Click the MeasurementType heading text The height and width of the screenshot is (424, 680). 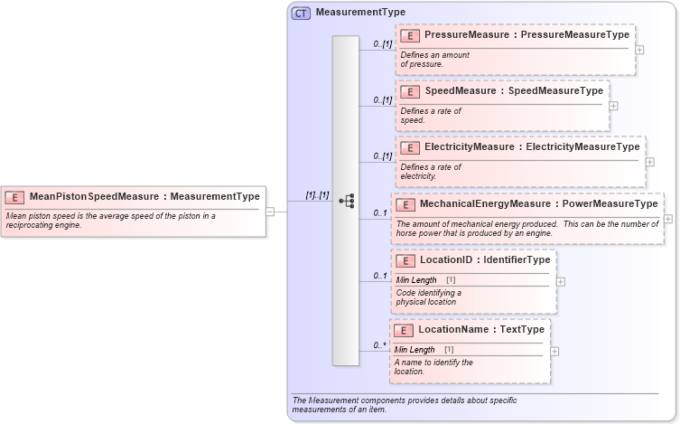(x=360, y=13)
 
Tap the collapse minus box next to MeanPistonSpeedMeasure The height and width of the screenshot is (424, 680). (x=270, y=212)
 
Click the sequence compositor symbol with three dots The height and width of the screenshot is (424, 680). (x=346, y=201)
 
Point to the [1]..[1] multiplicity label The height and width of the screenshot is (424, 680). (x=317, y=195)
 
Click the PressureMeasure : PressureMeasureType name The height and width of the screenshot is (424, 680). (x=526, y=35)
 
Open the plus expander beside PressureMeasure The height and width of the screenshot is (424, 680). (x=639, y=49)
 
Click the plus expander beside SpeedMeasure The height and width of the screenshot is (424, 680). (x=614, y=105)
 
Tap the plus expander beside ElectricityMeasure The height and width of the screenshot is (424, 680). (x=650, y=161)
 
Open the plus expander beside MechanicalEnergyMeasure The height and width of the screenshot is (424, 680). (x=668, y=218)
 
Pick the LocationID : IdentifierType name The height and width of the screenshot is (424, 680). (x=485, y=260)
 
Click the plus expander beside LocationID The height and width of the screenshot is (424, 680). (x=561, y=281)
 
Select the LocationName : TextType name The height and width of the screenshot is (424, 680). (x=481, y=330)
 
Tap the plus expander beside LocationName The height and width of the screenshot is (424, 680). (x=554, y=351)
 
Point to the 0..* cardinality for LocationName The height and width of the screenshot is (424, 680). (x=381, y=345)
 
